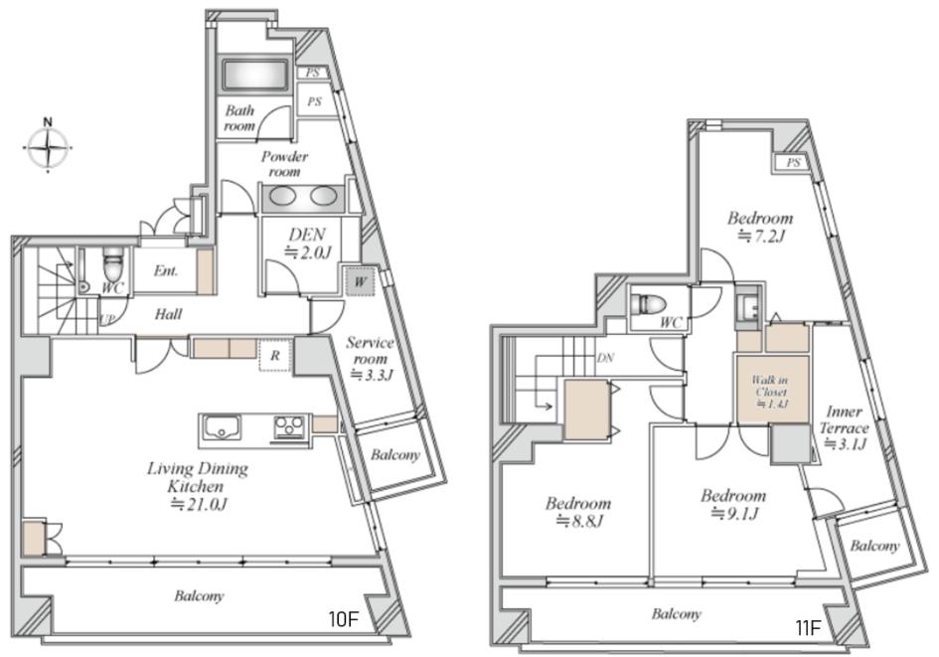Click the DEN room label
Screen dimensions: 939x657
[x=308, y=243]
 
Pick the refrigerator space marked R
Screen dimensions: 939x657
[x=275, y=356]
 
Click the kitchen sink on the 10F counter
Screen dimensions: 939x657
[x=221, y=428]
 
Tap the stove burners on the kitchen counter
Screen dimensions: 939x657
[x=289, y=428]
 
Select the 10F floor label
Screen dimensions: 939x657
[x=343, y=619]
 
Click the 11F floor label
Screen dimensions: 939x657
[x=808, y=628]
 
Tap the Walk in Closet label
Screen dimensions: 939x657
[x=771, y=392]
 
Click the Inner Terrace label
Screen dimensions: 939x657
[x=845, y=427]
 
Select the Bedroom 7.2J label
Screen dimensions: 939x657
[x=760, y=227]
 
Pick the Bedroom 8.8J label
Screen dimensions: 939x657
[x=578, y=512]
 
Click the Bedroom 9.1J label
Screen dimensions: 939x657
[x=733, y=504]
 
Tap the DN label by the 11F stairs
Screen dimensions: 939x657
[x=605, y=358]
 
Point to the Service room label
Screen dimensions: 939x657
[x=370, y=359]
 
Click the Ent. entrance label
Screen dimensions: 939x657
[x=166, y=271]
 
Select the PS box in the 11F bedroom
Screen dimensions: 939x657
[x=793, y=162]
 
